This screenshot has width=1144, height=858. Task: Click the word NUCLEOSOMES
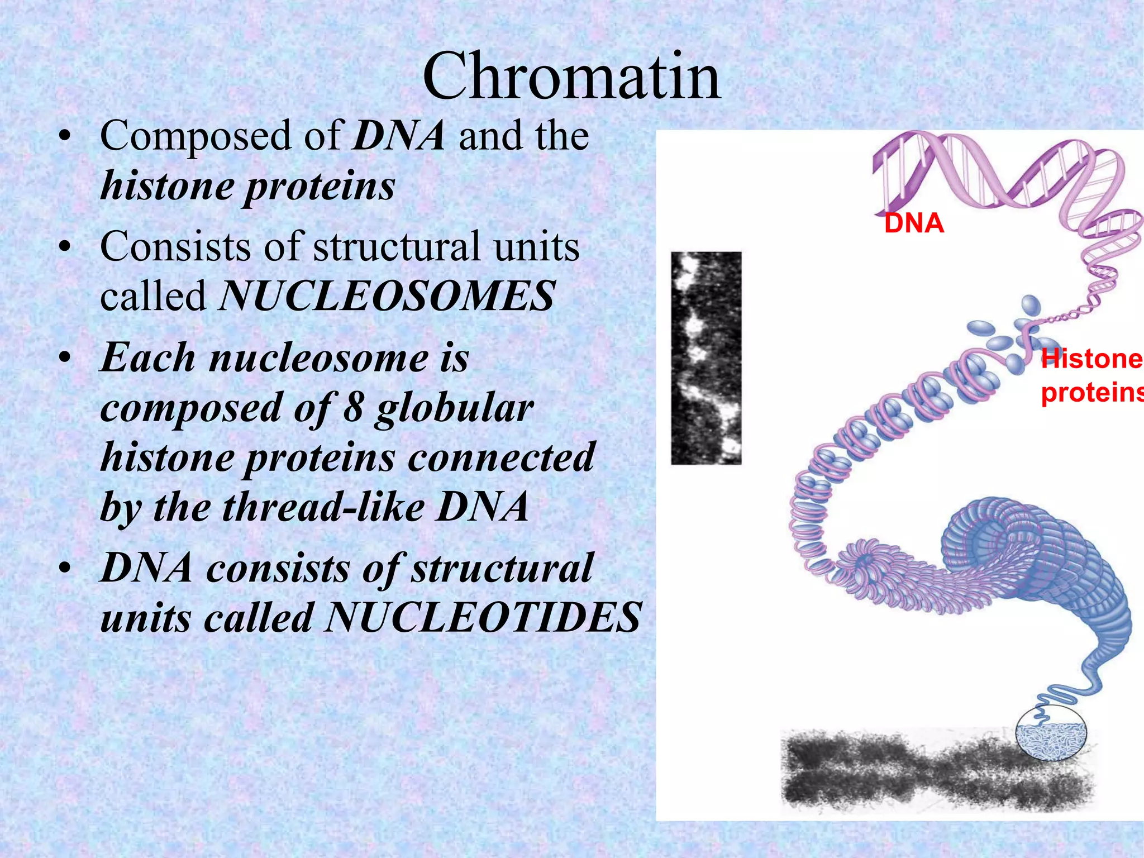pos(387,296)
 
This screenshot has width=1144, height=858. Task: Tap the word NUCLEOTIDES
pos(483,617)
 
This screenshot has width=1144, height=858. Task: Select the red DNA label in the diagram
pos(914,223)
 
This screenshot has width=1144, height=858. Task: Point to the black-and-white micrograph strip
pos(706,358)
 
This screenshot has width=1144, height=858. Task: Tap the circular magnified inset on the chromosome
pos(1050,740)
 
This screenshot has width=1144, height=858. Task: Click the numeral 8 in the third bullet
pos(353,407)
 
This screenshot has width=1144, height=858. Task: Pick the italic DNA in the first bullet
pos(399,136)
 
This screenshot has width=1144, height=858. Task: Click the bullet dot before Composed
pos(66,137)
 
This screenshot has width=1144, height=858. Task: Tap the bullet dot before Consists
pos(66,247)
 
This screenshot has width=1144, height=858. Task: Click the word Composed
pos(196,136)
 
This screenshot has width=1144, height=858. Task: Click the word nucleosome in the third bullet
pos(318,358)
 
